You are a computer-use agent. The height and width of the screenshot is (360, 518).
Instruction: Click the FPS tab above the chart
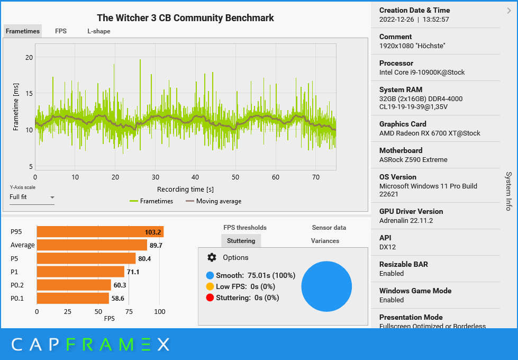[61, 31]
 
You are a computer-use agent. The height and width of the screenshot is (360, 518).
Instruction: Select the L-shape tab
[99, 31]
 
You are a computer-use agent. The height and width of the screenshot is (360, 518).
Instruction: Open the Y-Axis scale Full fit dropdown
[32, 197]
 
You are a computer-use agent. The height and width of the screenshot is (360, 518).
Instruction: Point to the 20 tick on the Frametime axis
[29, 57]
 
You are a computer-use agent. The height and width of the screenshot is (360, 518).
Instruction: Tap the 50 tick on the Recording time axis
[235, 177]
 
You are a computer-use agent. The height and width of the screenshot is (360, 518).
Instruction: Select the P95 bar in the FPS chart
[99, 232]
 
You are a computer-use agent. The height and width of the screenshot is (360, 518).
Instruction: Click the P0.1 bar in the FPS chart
[72, 299]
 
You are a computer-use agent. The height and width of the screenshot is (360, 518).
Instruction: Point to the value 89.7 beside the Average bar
[156, 245]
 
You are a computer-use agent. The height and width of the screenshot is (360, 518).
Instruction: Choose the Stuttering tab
[241, 241]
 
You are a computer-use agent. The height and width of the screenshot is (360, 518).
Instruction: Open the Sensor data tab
[329, 228]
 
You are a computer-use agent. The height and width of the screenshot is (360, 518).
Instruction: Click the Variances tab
[325, 241]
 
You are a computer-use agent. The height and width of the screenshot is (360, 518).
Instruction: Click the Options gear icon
[212, 257]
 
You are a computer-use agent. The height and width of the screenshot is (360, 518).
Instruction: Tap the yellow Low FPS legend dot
[210, 286]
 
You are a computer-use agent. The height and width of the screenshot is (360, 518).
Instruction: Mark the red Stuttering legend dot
[210, 298]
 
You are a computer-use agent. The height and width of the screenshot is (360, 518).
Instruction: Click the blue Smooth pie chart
[326, 286]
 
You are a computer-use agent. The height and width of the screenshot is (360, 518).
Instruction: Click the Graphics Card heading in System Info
[403, 124]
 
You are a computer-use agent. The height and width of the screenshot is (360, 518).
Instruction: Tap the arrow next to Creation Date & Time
[508, 10]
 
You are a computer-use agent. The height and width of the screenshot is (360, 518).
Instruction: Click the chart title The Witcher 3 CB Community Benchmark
[185, 18]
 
